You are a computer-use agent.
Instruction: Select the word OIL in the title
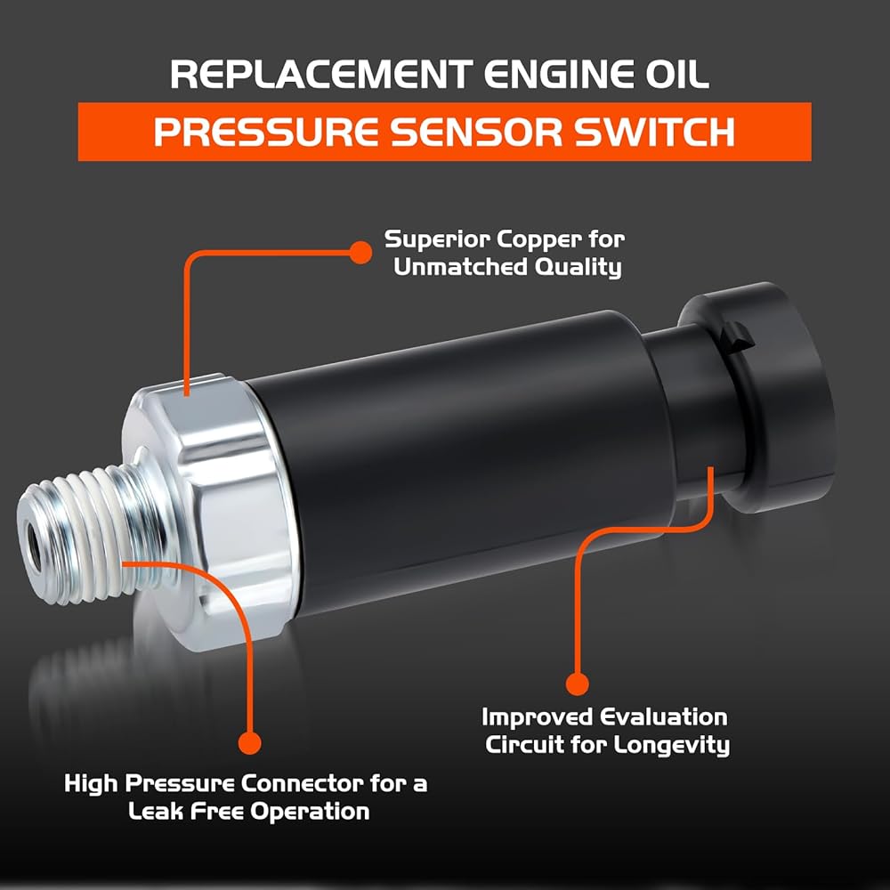pos(676,75)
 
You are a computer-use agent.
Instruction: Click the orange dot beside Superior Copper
pos(360,253)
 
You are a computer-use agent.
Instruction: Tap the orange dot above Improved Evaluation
pos(578,684)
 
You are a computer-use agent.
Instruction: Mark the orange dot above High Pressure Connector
pos(250,741)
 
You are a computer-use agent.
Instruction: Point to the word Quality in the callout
pos(579,268)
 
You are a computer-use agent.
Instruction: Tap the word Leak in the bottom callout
pos(156,811)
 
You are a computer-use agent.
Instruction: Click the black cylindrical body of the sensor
pos(445,445)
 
